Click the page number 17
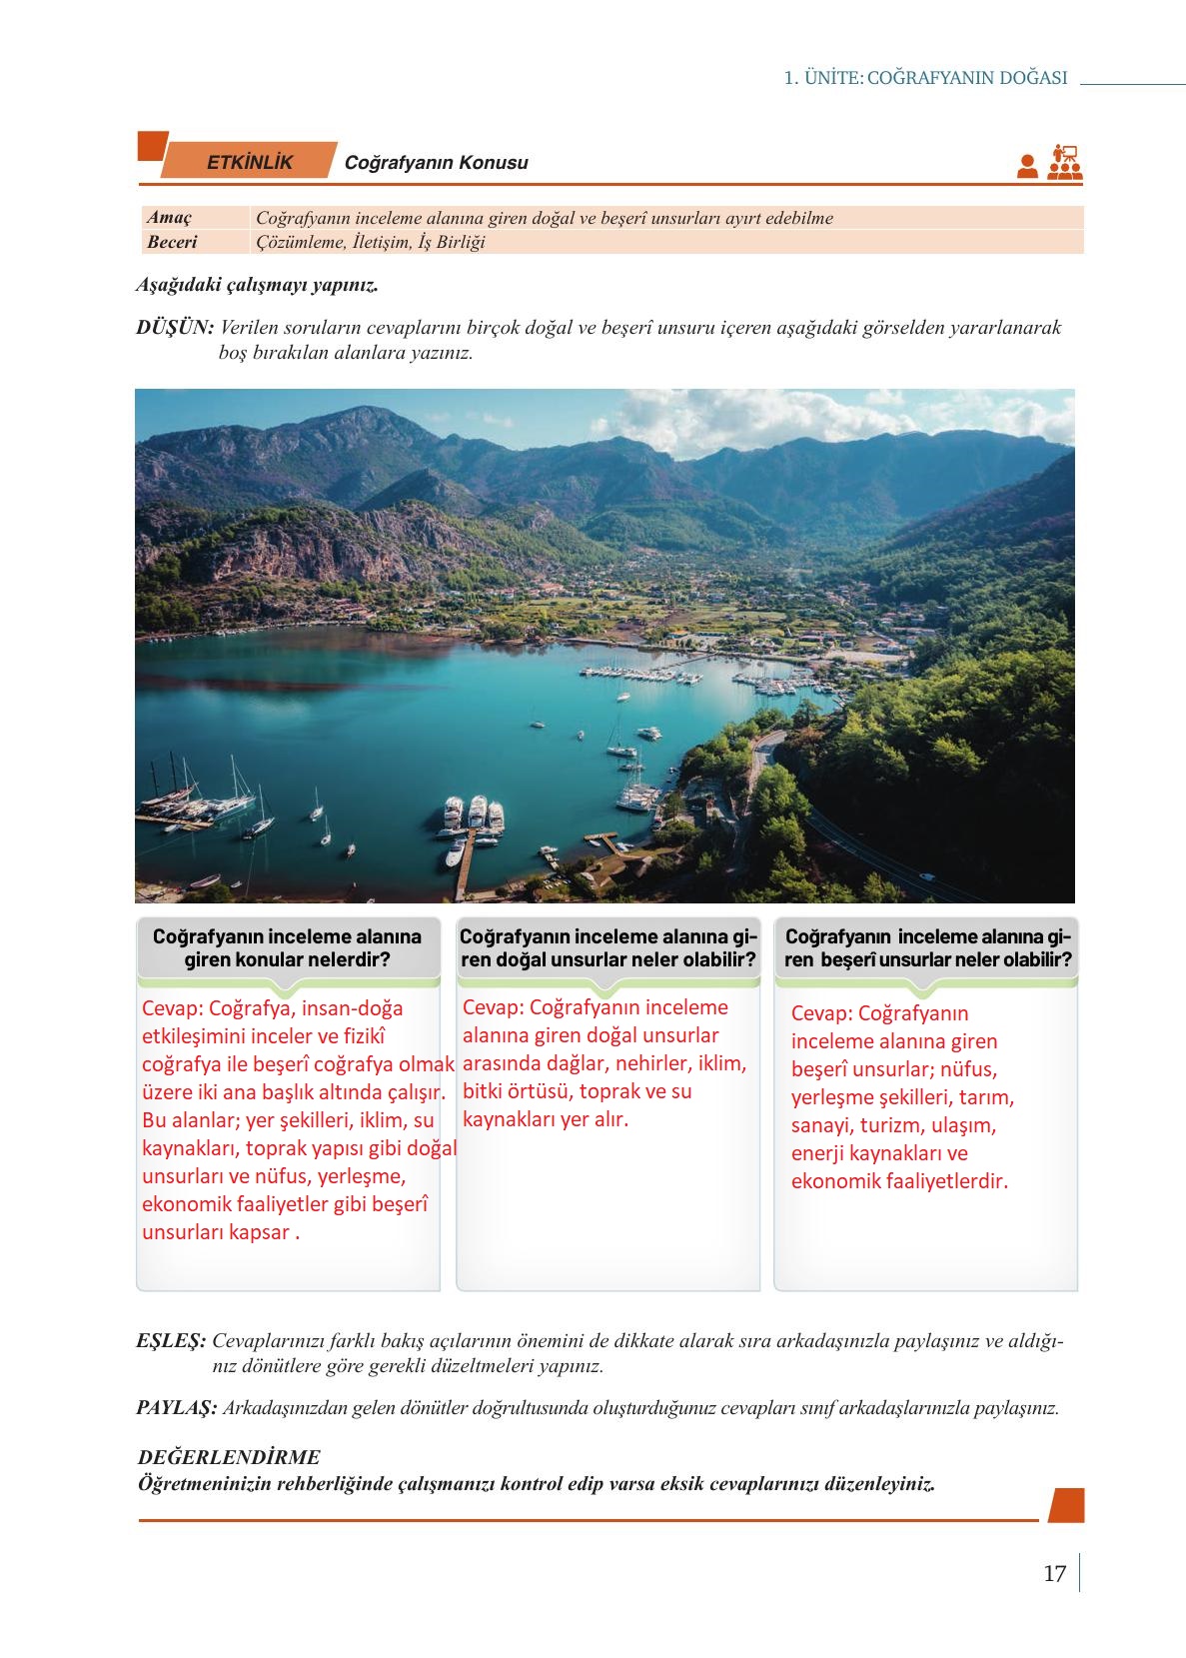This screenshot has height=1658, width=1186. (x=1054, y=1574)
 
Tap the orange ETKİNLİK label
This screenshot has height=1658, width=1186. (x=249, y=162)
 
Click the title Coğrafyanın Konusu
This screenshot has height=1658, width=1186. (x=436, y=163)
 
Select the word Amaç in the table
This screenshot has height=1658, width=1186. (x=169, y=218)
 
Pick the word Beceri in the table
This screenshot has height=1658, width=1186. (x=172, y=242)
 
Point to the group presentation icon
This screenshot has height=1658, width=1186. (x=1065, y=162)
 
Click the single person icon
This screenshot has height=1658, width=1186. (x=1027, y=166)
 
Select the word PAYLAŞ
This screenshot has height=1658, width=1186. (x=176, y=1408)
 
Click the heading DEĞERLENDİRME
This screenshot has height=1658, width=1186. (x=229, y=1458)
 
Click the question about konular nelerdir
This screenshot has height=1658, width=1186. (x=287, y=948)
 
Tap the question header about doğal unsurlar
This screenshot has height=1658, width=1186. (x=607, y=948)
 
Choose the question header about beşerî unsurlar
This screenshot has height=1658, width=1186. (x=928, y=948)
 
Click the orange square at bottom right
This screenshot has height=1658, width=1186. (x=1067, y=1505)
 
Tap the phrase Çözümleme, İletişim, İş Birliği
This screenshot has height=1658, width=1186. (x=371, y=242)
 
